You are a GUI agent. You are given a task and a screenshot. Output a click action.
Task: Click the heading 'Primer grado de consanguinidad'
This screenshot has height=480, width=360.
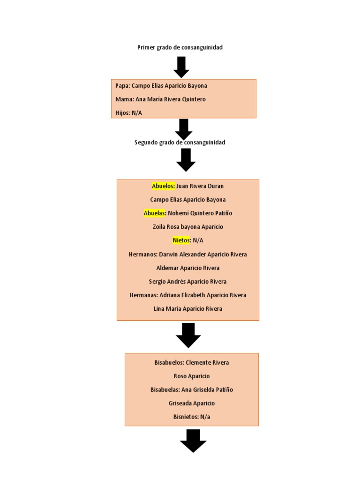point(180,47)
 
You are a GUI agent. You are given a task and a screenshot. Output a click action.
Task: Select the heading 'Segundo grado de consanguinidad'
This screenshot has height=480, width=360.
point(180,142)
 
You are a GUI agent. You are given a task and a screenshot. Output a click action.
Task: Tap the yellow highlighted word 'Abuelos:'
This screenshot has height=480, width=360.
point(163,186)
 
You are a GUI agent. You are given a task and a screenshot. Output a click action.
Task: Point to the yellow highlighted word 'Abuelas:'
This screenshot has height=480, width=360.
point(155,213)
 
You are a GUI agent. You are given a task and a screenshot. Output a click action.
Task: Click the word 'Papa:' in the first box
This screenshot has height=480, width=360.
point(123,86)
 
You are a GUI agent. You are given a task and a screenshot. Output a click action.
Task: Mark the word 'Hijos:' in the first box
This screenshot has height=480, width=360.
point(123,113)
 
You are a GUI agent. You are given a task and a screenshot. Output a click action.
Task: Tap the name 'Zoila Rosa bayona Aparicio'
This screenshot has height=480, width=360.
point(187,227)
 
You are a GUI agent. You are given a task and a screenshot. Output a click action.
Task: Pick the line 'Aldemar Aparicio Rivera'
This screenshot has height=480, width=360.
point(187,268)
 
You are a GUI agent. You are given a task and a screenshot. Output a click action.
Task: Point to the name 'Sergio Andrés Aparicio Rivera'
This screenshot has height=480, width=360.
point(187,282)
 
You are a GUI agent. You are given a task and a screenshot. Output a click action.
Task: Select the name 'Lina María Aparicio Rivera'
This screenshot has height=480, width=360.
point(187,309)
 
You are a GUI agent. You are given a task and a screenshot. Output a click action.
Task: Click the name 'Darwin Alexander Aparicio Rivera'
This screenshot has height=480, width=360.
point(203,255)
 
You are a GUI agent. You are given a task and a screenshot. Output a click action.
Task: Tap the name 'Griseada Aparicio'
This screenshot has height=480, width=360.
point(191,404)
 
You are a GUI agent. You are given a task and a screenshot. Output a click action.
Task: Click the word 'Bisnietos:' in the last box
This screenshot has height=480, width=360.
point(186,417)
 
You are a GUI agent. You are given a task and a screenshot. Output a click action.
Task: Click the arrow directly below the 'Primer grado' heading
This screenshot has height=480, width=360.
point(181,67)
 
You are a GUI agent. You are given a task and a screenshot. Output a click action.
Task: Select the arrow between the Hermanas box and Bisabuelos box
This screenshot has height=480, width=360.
point(188,335)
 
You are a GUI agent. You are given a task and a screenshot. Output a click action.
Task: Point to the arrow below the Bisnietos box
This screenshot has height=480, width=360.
point(193,440)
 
